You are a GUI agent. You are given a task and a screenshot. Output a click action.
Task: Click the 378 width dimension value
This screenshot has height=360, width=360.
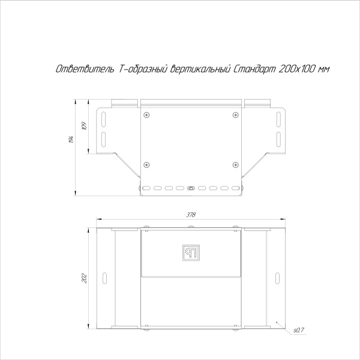click(191, 215)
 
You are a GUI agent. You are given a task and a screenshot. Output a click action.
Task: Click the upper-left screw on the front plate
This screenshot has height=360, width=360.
click(146, 114)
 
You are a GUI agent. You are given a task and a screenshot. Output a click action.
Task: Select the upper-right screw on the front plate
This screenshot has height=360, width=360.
click(235, 114)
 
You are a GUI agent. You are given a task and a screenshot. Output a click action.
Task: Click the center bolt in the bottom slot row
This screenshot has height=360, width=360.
click(191, 188)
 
